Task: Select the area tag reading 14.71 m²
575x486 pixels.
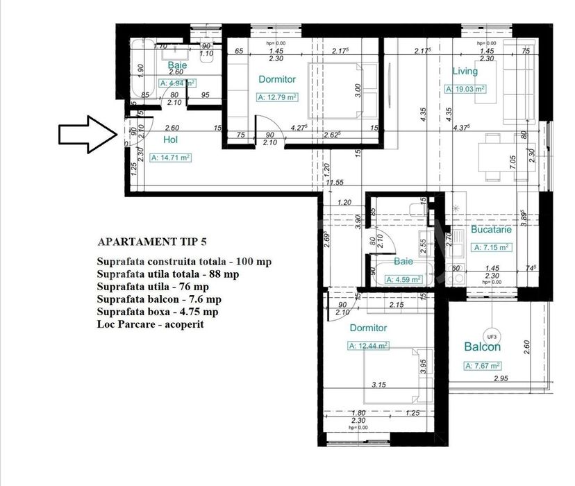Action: tap(171, 158)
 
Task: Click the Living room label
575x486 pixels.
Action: tap(465, 71)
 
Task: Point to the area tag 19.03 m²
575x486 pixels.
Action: tap(465, 89)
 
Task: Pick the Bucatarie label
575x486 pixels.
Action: tap(491, 228)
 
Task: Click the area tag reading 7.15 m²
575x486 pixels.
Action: tap(492, 246)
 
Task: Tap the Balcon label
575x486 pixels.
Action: tap(483, 347)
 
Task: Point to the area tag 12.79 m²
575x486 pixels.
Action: tap(277, 97)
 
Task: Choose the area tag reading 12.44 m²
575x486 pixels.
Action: tap(368, 345)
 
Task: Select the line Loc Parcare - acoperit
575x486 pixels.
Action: tap(151, 324)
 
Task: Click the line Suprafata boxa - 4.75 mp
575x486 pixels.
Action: tap(161, 311)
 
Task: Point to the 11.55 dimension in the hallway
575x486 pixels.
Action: tap(336, 183)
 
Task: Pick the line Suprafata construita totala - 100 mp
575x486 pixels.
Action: tap(185, 262)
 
